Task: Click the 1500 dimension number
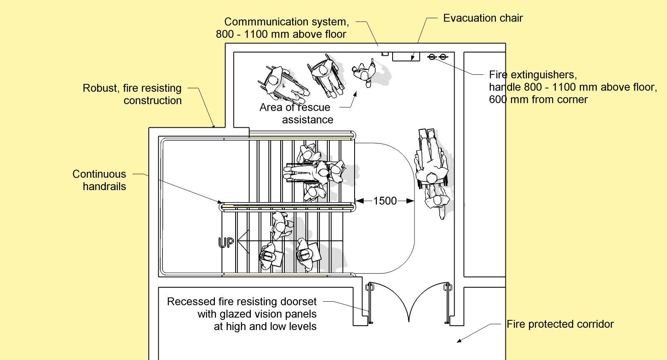pyautogui.click(x=385, y=201)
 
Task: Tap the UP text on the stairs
pyautogui.click(x=226, y=243)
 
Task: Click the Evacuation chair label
pyautogui.click(x=483, y=18)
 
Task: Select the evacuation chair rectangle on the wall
pyautogui.click(x=405, y=57)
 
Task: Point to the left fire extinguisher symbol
pyautogui.click(x=432, y=57)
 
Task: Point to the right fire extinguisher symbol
pyautogui.click(x=443, y=57)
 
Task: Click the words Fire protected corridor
pyautogui.click(x=560, y=324)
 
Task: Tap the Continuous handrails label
pyautogui.click(x=100, y=180)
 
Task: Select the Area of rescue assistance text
pyautogui.click(x=296, y=113)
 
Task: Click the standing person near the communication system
pyautogui.click(x=364, y=72)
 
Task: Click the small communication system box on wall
pyautogui.click(x=384, y=53)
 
